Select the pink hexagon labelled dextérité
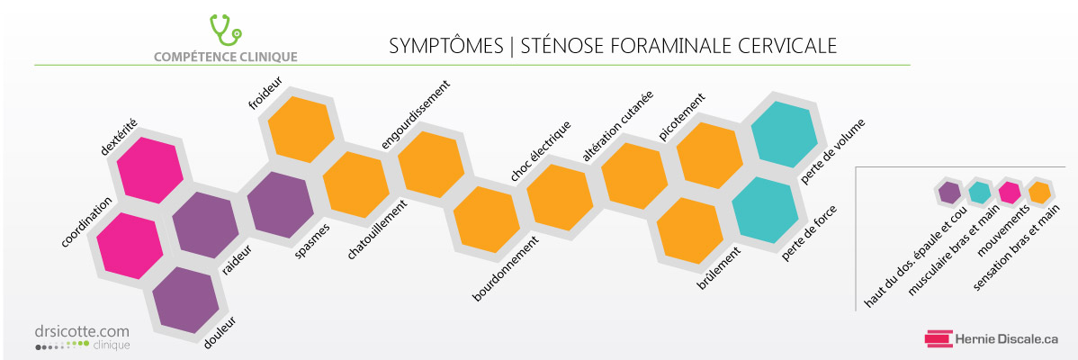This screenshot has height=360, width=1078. pos(150,170)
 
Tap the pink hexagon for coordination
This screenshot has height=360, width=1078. pos(130,246)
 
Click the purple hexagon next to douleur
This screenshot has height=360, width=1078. pos(185,300)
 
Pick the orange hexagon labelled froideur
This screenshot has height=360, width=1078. pos(301,130)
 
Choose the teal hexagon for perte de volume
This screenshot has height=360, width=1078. pos(785,135)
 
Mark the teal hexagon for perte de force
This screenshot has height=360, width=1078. pos(765,210)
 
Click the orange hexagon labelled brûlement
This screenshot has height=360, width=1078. pos(690,230)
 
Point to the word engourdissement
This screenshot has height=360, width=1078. pos(415,114)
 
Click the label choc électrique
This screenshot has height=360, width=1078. pos(541,151)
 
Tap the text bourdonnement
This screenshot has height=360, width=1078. pos(505,269)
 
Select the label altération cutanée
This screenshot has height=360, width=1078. pos(617,126)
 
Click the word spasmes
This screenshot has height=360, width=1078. pos(312,240)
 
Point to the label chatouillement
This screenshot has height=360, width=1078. pos(373,229)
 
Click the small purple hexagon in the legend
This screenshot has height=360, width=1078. pos(949,193)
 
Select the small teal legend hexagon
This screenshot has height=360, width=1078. pos(979,193)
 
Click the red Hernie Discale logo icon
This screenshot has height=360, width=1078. pos(938,338)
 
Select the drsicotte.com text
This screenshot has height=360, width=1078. pos(82,332)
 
